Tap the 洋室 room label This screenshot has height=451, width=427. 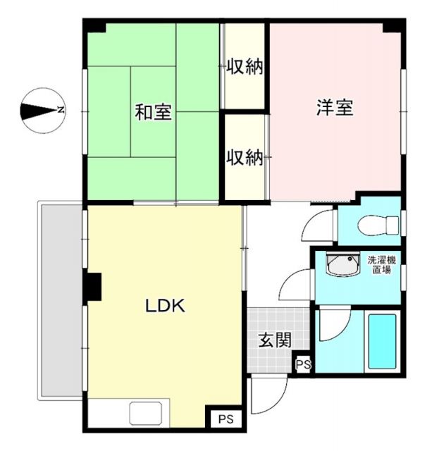[x=334, y=109]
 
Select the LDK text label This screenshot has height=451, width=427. [x=165, y=307]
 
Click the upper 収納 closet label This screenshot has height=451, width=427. [x=245, y=68]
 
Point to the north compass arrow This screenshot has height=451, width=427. [x=42, y=111]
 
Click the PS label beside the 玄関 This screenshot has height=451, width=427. [x=303, y=364]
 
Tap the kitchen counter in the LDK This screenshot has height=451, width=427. [x=146, y=412]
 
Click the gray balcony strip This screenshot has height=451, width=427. [x=62, y=299]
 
